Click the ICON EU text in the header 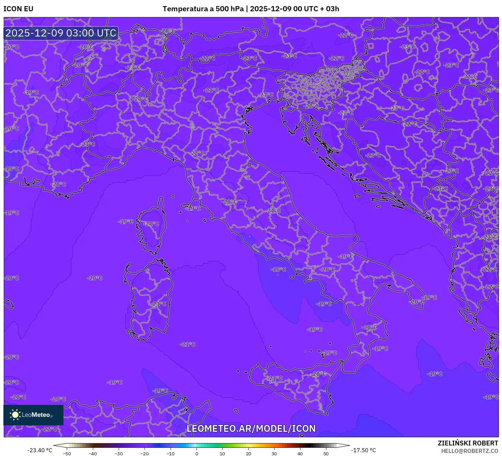click(x=18, y=9)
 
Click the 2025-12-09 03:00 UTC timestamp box click(x=61, y=33)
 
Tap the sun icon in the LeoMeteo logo click(x=15, y=414)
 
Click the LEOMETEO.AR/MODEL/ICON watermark click(x=251, y=428)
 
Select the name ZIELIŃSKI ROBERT click(x=468, y=443)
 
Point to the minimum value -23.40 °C click(x=40, y=450)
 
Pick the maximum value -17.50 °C click(x=364, y=450)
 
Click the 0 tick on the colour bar click(x=196, y=454)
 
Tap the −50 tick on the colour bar click(x=67, y=454)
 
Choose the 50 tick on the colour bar click(x=326, y=454)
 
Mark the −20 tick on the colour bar click(x=145, y=454)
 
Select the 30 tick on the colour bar click(x=274, y=454)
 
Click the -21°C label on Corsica click(x=152, y=224)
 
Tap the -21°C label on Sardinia click(x=159, y=304)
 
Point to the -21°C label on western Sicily click(x=275, y=378)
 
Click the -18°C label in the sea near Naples click(x=279, y=270)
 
